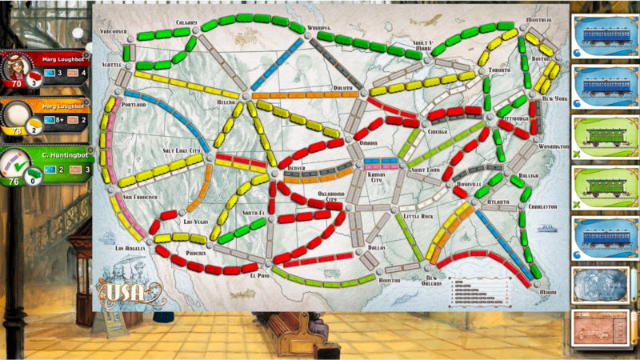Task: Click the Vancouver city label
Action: pyautogui.click(x=113, y=31)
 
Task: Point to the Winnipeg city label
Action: pyautogui.click(x=322, y=27)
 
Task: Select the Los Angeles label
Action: pyautogui.click(x=130, y=248)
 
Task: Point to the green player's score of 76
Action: pyautogui.click(x=13, y=181)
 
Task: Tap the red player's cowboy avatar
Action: pyautogui.click(x=17, y=66)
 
